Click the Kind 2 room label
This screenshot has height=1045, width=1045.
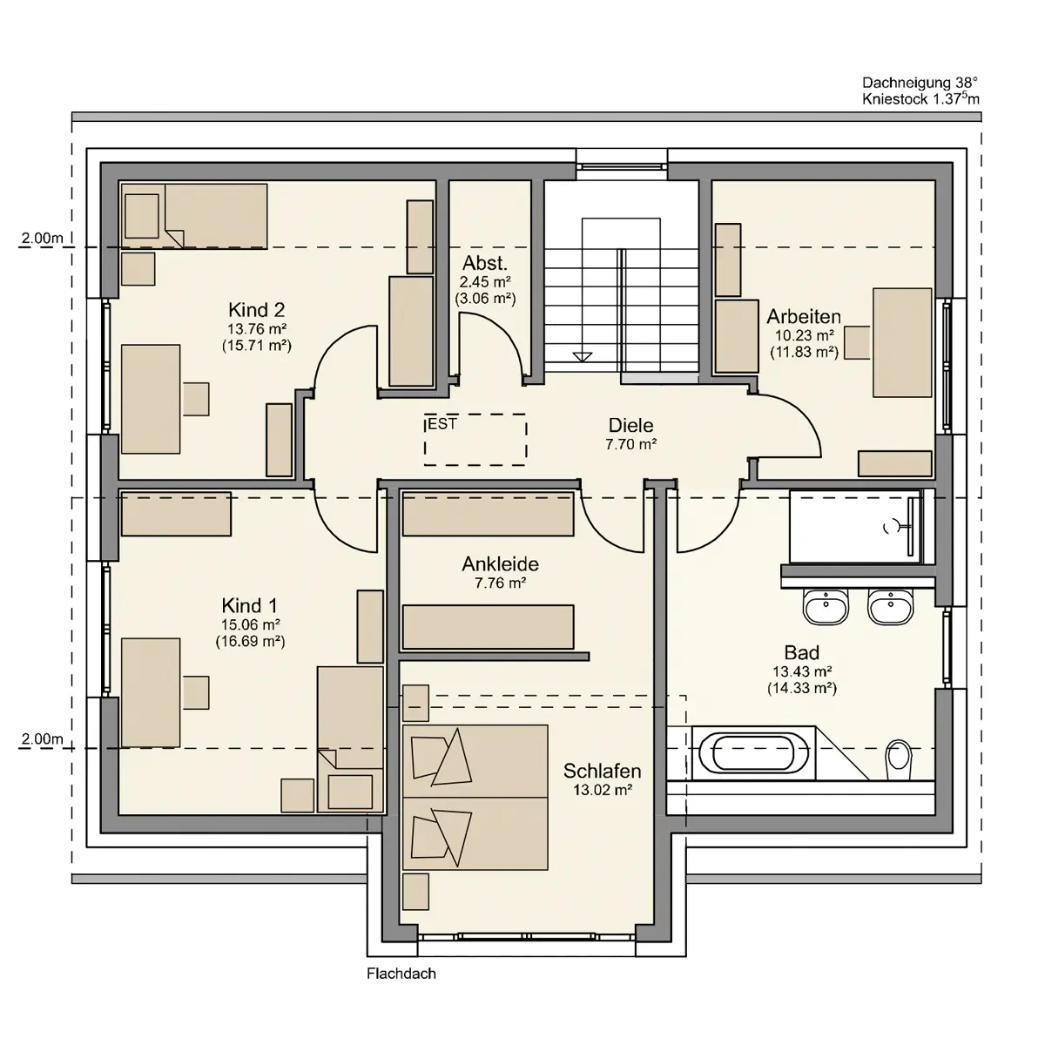coord(257,310)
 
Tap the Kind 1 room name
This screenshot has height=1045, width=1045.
coord(249,605)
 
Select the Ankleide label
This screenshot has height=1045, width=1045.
coord(501,564)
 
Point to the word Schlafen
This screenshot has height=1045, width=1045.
coord(602,771)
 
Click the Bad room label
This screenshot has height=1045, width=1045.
coord(801,652)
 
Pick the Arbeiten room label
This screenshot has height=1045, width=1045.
coord(804,316)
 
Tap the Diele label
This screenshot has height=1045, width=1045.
coord(630,425)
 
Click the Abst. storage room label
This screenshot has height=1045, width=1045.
coord(485,264)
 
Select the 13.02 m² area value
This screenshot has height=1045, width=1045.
coord(603,790)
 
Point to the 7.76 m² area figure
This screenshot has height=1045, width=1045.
coord(501,583)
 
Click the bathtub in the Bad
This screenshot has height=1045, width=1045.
coord(753,752)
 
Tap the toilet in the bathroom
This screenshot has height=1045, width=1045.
coord(899,759)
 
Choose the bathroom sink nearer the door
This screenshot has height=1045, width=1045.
coord(826,606)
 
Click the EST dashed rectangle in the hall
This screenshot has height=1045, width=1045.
coord(475,439)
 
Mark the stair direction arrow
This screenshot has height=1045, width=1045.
coord(583,357)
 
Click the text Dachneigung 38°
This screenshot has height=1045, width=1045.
coord(920,83)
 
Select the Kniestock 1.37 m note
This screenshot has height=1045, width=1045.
coord(920,98)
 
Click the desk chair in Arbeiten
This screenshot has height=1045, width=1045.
coord(857,342)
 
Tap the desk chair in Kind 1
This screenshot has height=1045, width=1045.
coord(196,692)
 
